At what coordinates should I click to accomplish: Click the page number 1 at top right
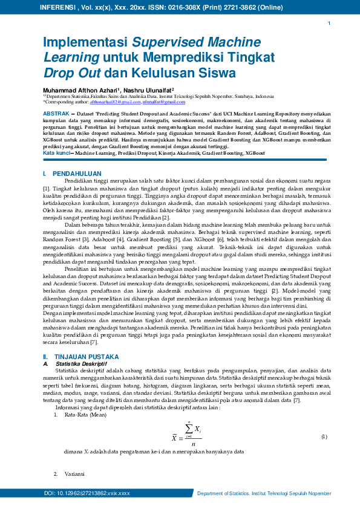tap(329, 24)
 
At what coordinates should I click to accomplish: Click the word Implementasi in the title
tap(85, 43)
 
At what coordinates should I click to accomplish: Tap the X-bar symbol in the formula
tap(174, 438)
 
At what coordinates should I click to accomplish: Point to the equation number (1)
tap(324, 436)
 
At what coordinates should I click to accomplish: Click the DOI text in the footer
tap(87, 494)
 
